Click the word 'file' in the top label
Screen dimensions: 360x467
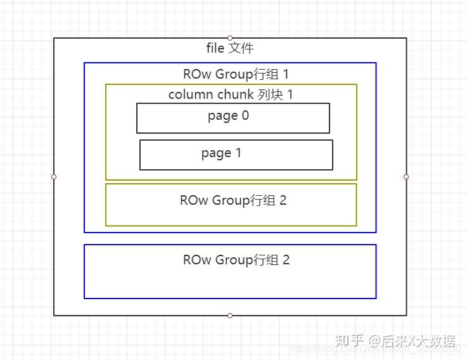click(215, 48)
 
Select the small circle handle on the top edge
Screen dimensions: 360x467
click(230, 38)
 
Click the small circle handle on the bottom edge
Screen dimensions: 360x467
click(230, 316)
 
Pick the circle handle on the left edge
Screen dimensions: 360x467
click(54, 177)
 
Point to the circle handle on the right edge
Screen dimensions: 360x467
click(406, 177)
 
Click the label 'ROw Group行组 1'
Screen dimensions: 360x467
click(236, 74)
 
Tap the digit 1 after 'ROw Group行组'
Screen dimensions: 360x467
click(286, 74)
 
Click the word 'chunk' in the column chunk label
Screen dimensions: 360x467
click(236, 95)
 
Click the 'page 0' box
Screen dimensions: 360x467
click(233, 119)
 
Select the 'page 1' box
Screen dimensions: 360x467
click(236, 155)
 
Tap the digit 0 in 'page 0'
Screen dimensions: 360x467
click(245, 116)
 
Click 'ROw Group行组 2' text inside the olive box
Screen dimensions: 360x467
click(233, 201)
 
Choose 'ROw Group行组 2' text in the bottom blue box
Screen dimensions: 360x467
click(236, 260)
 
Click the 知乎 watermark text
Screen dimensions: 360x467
click(350, 342)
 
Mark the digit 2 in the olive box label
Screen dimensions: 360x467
click(283, 201)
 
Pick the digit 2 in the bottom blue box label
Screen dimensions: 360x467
click(286, 260)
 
